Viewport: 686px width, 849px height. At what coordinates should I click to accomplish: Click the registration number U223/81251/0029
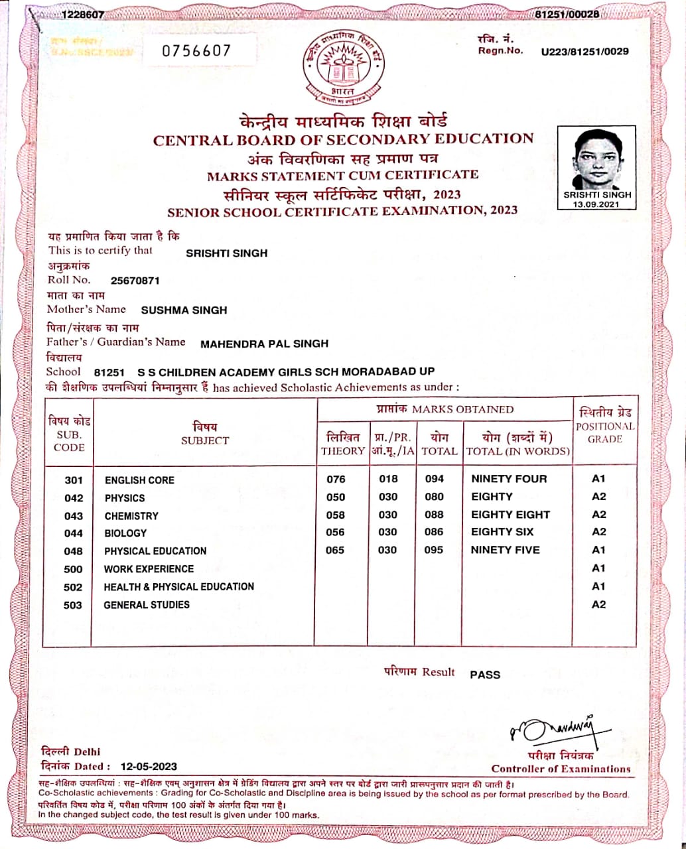tap(584, 51)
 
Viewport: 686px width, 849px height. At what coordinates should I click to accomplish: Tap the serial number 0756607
tap(197, 50)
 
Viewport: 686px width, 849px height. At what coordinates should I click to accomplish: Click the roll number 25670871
tap(135, 281)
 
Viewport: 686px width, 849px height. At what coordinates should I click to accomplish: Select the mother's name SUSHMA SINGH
tap(184, 310)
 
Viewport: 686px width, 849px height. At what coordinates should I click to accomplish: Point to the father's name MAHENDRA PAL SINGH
tap(264, 344)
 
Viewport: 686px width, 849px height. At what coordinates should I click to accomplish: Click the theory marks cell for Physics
tap(336, 497)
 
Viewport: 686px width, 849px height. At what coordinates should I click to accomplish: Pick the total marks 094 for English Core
tap(434, 479)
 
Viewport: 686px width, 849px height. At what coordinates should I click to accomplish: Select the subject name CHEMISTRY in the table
tap(131, 515)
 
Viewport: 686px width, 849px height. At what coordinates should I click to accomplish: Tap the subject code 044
tap(74, 533)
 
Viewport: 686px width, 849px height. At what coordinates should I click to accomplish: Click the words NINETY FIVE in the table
tap(506, 550)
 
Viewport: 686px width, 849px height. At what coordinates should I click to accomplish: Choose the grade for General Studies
tap(598, 604)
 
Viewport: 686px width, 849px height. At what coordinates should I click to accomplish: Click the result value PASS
tap(485, 675)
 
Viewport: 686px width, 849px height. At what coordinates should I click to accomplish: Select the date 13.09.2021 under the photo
tap(597, 204)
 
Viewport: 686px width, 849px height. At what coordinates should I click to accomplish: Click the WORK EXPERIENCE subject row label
tap(149, 568)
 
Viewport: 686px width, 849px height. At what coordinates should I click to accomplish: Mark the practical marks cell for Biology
tap(387, 532)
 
